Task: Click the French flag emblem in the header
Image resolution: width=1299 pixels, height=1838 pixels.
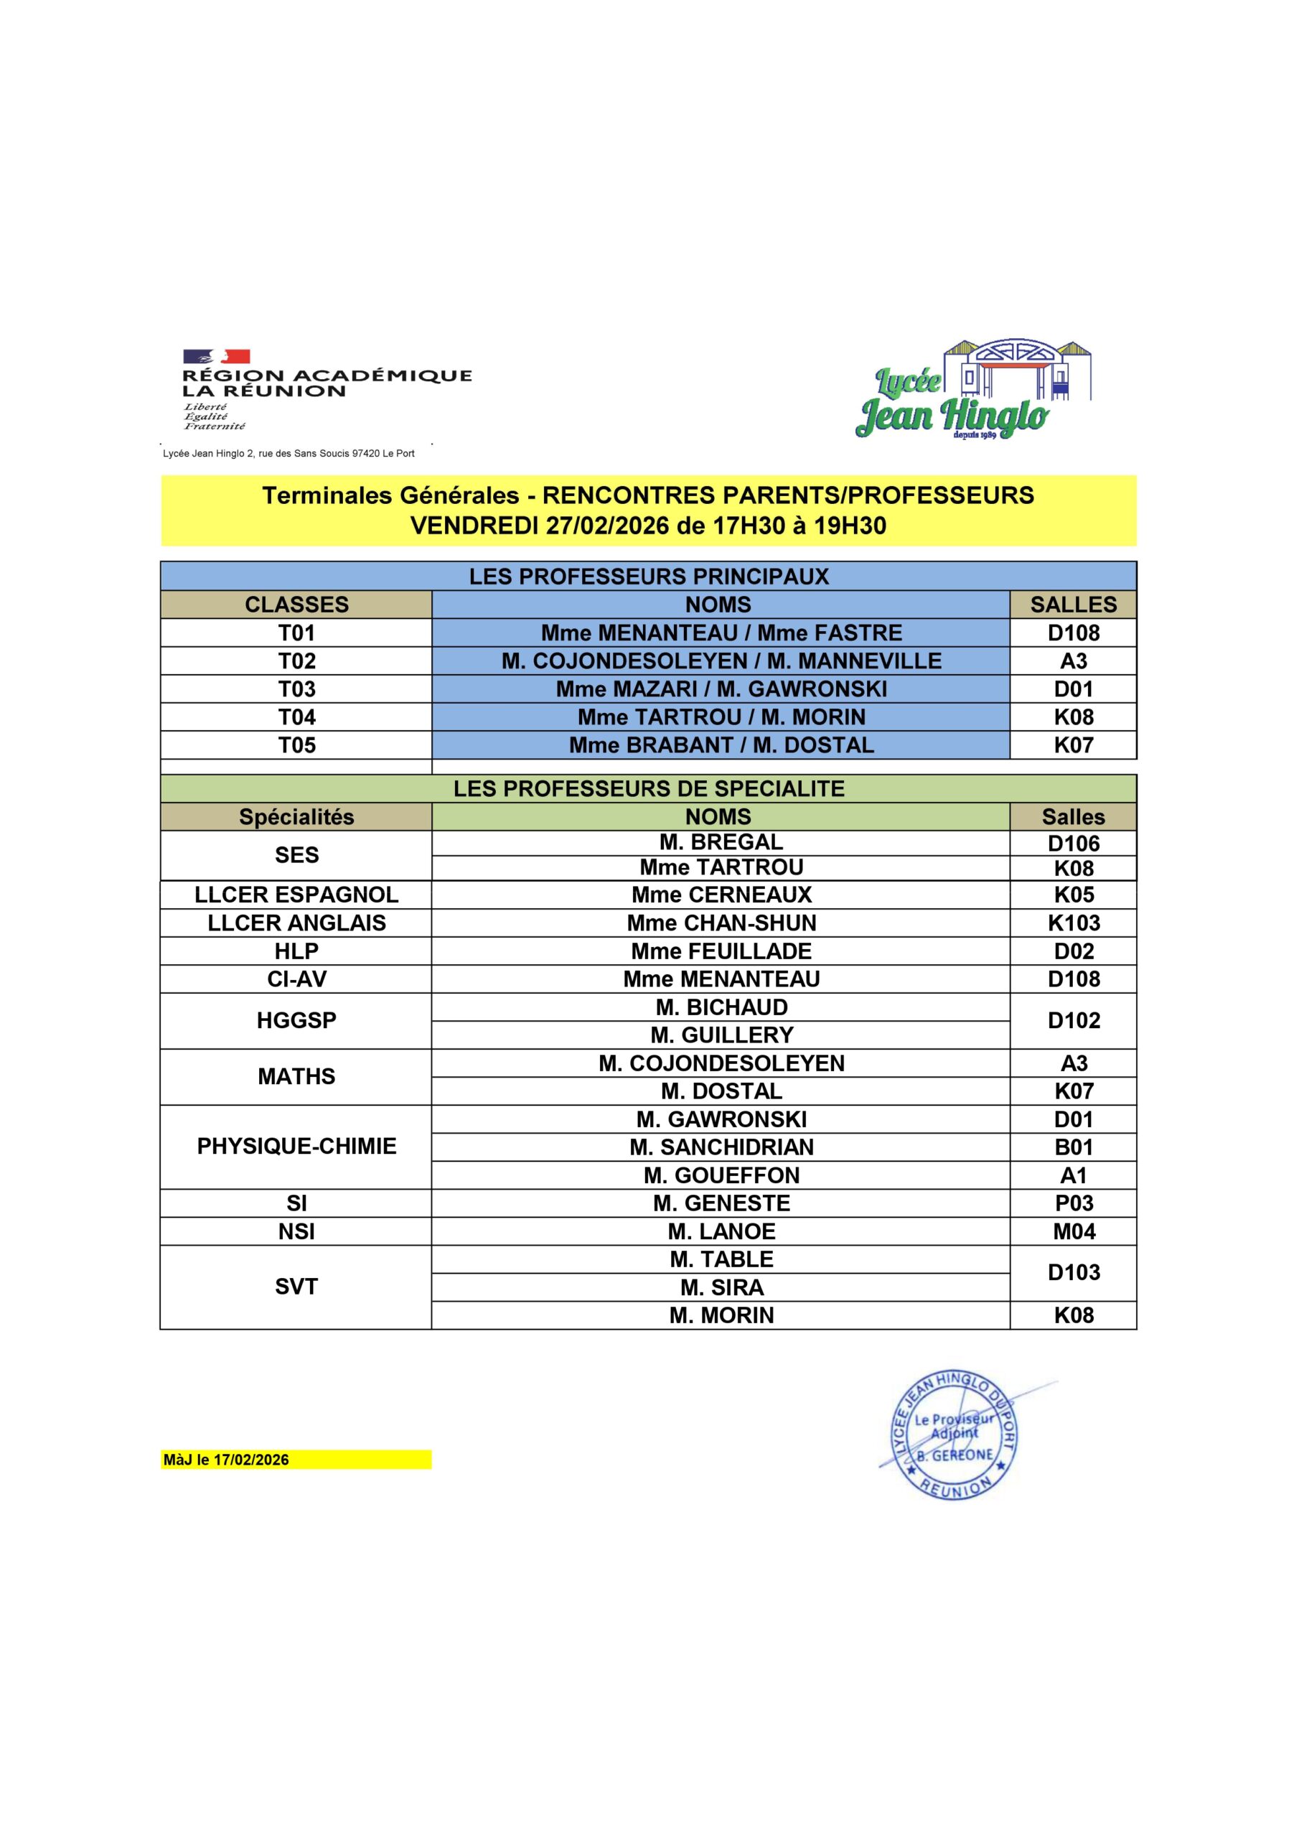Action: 216,356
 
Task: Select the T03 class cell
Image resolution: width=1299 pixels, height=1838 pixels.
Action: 296,689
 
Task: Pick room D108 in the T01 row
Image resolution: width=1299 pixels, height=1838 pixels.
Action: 1074,633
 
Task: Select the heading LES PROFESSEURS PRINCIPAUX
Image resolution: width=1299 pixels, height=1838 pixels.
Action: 648,577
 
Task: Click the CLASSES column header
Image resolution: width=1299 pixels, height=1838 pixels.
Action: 296,605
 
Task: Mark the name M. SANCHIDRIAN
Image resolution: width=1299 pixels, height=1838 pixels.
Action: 721,1147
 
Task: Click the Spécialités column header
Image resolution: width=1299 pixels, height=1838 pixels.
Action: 296,816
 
